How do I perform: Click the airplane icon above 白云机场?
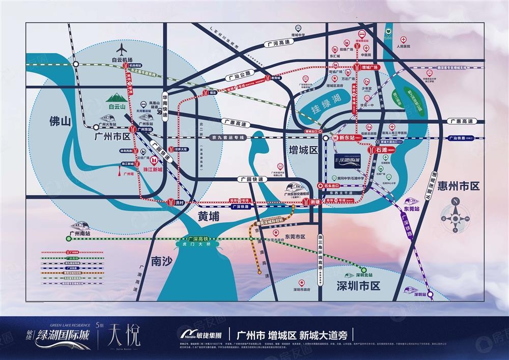click(122, 50)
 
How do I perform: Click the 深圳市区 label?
click(358, 286)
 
